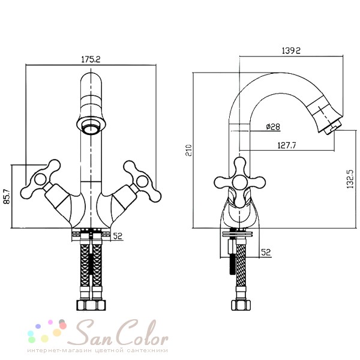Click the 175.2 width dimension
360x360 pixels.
[x=91, y=59]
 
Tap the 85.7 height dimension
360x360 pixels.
[x=7, y=196]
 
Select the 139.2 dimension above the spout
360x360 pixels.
[x=291, y=50]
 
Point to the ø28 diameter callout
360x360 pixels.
[x=273, y=127]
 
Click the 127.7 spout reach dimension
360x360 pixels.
[x=287, y=145]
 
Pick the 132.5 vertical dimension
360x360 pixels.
[x=350, y=179]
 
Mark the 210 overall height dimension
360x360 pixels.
[x=188, y=151]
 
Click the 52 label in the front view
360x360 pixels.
[x=118, y=236]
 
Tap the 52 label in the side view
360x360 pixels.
[x=266, y=253]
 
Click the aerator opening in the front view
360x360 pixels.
[x=91, y=126]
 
